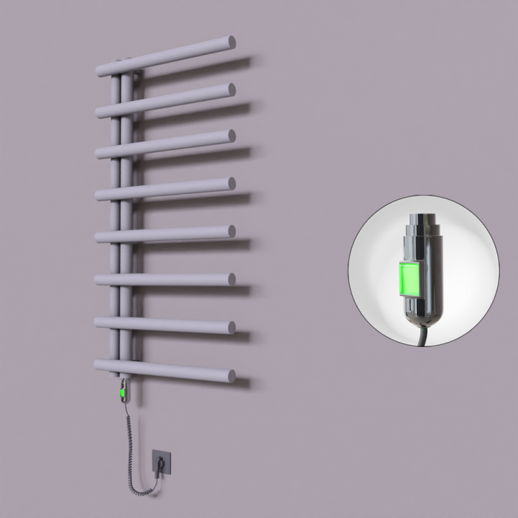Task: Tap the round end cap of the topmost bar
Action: tap(231, 42)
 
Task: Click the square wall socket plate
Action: tap(161, 460)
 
